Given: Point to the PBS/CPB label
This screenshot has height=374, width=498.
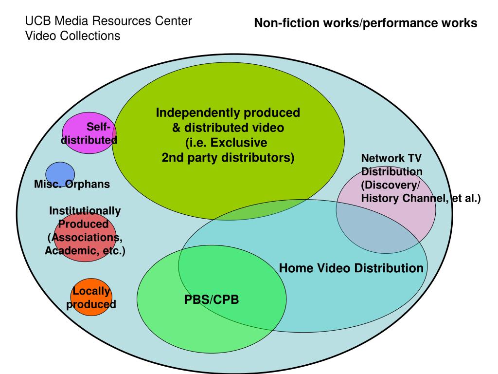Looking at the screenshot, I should point(212,299).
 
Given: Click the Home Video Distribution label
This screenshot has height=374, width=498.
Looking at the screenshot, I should point(351,268).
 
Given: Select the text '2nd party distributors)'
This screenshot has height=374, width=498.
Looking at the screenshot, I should point(228,158).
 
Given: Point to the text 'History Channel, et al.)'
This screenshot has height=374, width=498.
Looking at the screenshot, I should point(420,198).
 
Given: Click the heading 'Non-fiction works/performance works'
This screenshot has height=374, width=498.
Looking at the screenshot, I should point(366,23).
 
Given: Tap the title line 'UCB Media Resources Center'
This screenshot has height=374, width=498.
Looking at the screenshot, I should point(108,21).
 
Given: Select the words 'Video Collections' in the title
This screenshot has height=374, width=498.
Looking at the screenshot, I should point(72,36).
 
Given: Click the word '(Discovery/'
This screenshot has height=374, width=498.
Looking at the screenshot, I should point(390,185).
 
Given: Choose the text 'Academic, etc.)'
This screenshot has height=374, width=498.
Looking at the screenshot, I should point(85,251).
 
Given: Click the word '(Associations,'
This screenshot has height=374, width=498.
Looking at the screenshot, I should point(85,238).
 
